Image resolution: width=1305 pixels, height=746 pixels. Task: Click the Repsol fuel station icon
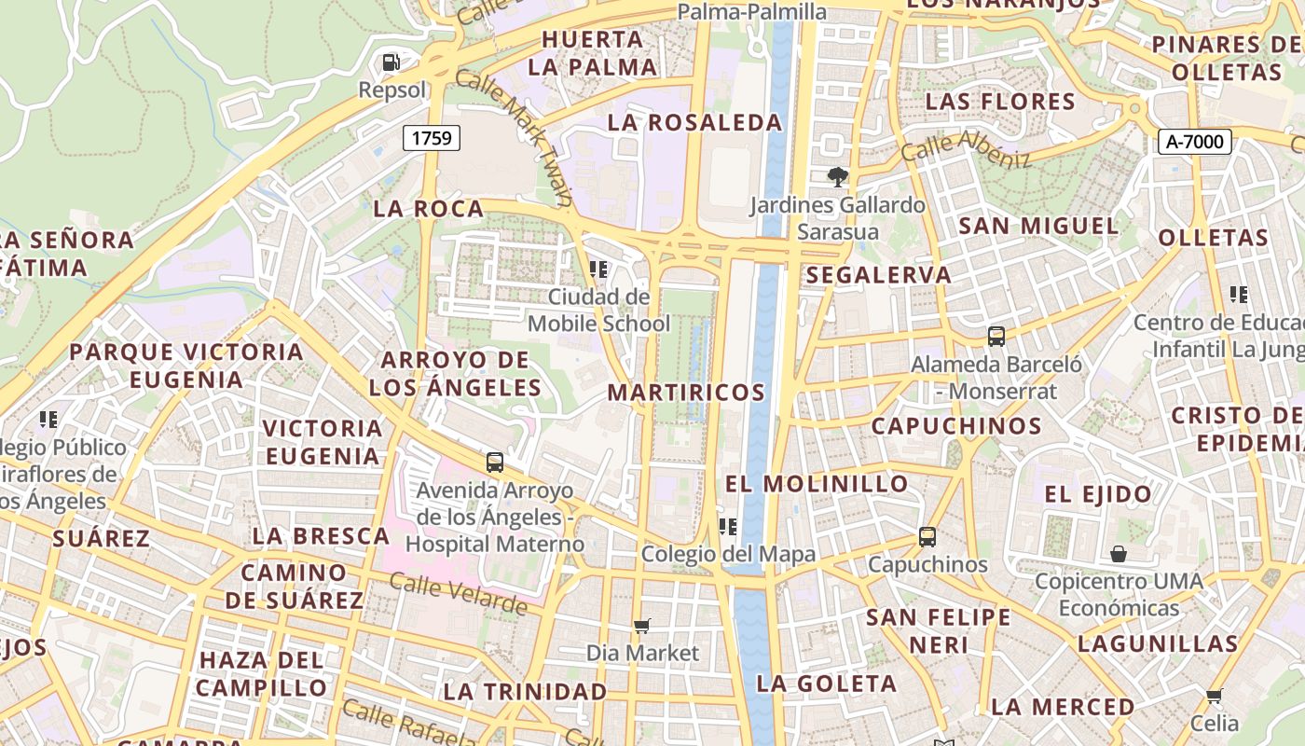[x=391, y=62]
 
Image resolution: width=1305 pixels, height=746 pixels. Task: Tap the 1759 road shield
[x=432, y=139]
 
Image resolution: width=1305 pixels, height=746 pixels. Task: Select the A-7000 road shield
[x=1195, y=142]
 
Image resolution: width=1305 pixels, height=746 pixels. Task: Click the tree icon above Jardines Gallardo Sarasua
[x=837, y=176]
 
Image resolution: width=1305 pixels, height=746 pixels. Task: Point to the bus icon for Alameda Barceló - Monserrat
[x=996, y=337]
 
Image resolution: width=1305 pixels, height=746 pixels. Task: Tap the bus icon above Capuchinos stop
[x=927, y=537]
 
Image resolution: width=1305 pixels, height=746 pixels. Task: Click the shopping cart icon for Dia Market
[x=641, y=626]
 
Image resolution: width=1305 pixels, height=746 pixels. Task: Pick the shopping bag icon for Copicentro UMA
[x=1119, y=554]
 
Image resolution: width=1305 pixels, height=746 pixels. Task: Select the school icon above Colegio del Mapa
[x=728, y=527]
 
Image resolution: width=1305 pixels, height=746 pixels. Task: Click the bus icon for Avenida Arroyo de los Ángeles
[x=495, y=462]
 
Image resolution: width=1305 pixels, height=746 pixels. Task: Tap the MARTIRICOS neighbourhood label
[x=686, y=393]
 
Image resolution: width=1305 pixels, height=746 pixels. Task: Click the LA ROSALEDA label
[x=694, y=122]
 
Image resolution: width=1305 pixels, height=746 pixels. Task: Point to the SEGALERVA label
[x=879, y=275]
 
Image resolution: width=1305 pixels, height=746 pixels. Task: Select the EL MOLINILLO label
[x=817, y=484]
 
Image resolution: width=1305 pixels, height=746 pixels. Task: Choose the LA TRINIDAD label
[x=525, y=692]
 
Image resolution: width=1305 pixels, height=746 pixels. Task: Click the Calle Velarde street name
[x=458, y=593]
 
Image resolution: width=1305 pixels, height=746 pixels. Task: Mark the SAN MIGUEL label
[x=1038, y=226]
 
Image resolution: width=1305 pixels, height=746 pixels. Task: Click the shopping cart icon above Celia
[x=1214, y=696]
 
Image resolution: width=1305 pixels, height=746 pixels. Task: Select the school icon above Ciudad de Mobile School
[x=598, y=269]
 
